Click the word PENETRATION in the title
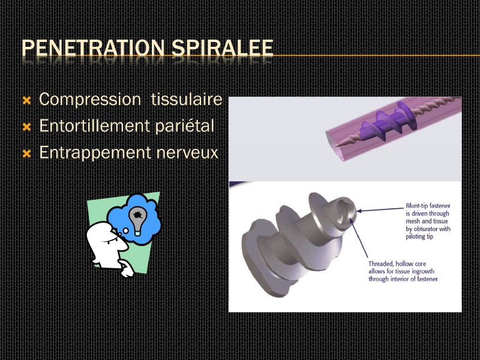coord(93,48)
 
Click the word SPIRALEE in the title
coord(222,48)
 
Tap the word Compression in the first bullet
coord(90,100)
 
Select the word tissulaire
coord(187,99)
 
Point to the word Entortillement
coord(95,126)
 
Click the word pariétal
coord(185,127)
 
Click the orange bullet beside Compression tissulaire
coord(27,100)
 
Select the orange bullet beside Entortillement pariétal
coord(27,127)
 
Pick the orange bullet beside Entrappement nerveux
coord(27,154)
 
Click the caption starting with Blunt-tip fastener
coord(428,221)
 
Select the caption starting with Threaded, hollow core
coord(403,271)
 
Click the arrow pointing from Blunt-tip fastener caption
coord(380,209)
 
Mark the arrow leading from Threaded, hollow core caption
coord(359,238)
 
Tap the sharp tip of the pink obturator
coord(336,146)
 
